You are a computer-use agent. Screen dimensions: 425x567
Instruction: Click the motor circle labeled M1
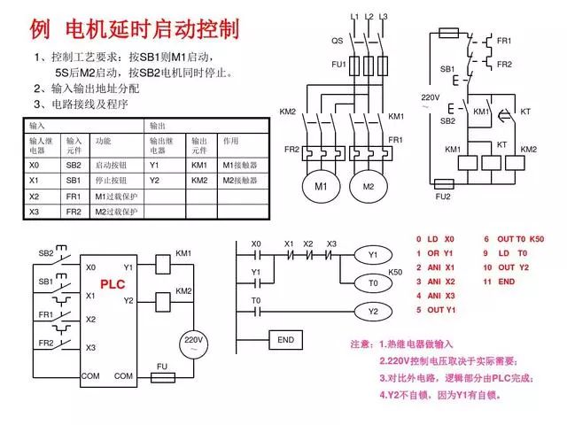(321, 187)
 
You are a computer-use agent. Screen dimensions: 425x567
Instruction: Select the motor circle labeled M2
(368, 187)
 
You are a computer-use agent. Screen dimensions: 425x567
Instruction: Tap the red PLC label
(113, 285)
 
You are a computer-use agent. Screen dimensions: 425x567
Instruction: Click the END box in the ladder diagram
(285, 340)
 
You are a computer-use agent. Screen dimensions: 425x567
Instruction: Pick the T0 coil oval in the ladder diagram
(373, 283)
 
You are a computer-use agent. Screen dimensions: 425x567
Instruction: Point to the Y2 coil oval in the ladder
(373, 312)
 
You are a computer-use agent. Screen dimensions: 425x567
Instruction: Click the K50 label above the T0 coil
(396, 272)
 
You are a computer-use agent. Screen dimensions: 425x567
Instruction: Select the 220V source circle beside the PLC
(193, 344)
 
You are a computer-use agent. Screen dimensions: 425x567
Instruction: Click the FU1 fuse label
(338, 65)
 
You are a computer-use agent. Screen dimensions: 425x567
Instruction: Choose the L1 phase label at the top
(354, 17)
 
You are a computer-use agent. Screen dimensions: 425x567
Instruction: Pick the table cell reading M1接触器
(239, 165)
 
